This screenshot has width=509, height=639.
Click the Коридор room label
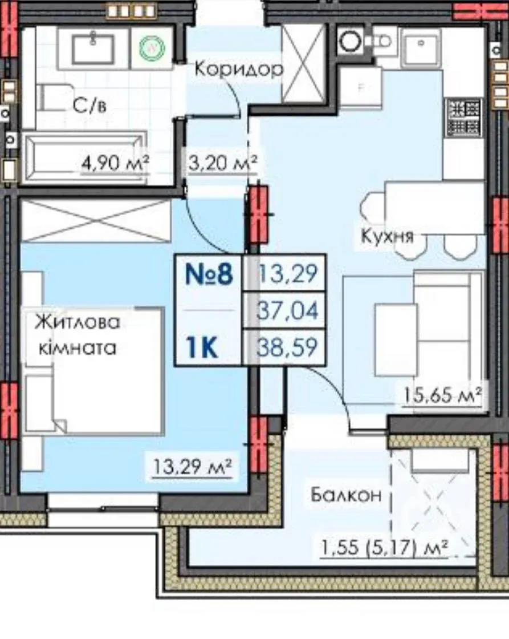pos(239,68)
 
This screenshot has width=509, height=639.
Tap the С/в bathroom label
pos(89,106)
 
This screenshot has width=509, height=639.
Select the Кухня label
pos(387,236)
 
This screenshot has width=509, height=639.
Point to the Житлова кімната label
pos(78,335)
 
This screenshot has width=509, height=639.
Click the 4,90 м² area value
pos(115,163)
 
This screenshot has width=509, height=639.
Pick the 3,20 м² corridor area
pos(223,163)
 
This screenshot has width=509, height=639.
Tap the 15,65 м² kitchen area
pos(442,394)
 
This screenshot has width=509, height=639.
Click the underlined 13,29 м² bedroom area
pos(192,466)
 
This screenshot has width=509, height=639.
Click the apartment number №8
pos(209,274)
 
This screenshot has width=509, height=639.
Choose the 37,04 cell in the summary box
pos(287,310)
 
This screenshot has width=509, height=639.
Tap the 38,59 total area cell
pos(287,347)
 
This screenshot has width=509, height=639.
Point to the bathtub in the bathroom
pos(86,156)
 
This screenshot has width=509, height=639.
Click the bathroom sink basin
pos(93,49)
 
